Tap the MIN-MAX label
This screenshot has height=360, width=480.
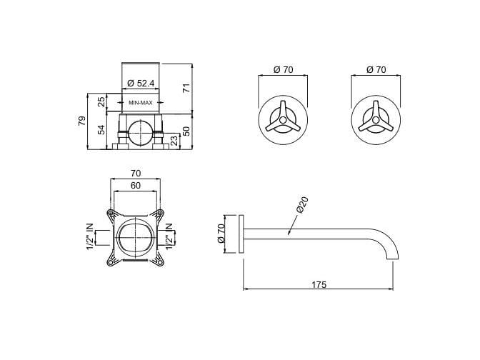coord(140,103)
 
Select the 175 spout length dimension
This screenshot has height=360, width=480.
coord(319,284)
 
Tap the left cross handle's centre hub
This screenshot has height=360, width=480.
coord(281,121)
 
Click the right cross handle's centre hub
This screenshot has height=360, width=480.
coord(375,121)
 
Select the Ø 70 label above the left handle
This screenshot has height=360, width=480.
coord(284,69)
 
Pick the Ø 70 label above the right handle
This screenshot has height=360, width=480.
coord(376,69)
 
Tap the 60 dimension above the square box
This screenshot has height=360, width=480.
coord(136,185)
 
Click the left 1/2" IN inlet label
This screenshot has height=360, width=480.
coord(91,236)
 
